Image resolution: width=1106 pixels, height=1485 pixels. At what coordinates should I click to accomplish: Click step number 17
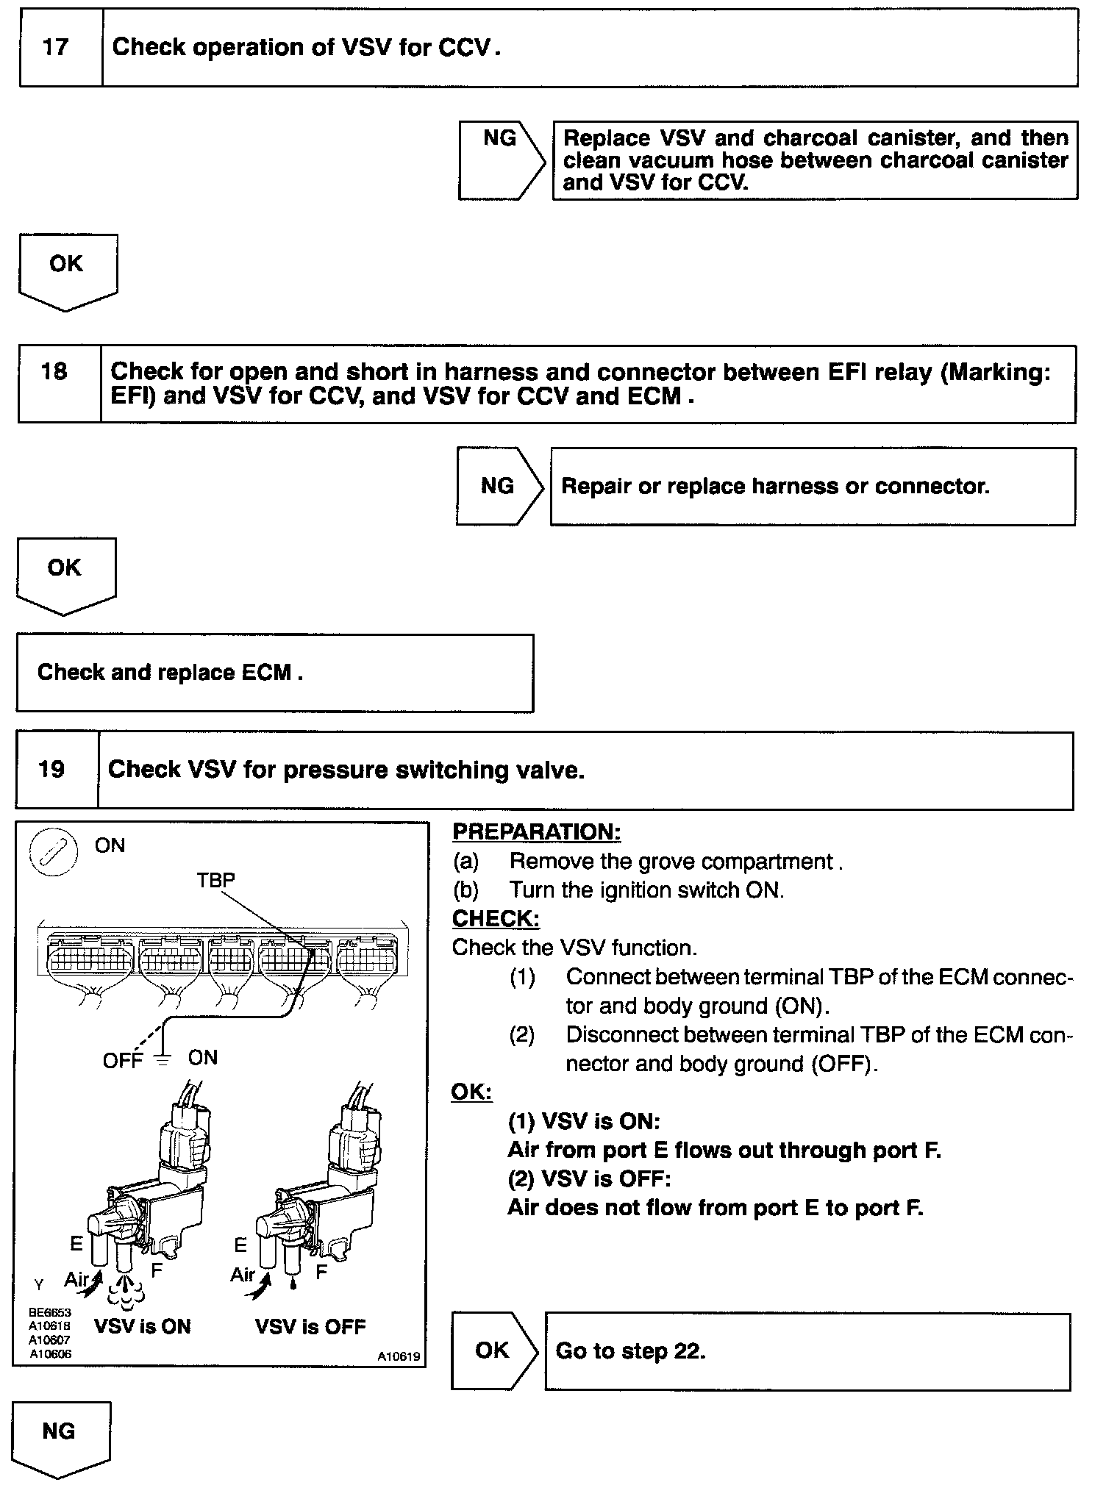coord(55,48)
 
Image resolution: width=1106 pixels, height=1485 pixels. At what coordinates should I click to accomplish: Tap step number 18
coord(54,372)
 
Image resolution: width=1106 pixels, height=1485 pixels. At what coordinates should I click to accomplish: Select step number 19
coord(51,770)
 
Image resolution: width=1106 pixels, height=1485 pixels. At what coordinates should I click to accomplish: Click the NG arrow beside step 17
coord(501,160)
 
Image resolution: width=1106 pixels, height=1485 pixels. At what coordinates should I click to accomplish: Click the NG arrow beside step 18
coord(498,486)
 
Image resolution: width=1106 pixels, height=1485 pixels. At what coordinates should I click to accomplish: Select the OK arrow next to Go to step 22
coord(493,1350)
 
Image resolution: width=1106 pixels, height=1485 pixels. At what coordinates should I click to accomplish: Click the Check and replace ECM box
coord(274,673)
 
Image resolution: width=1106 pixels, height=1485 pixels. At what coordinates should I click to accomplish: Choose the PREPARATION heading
coord(536,832)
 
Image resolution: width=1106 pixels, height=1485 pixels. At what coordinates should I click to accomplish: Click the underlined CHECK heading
coord(495,919)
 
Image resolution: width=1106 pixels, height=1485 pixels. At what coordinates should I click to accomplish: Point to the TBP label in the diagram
coord(215,880)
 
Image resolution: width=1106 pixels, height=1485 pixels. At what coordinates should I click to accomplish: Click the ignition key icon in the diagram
coord(53,855)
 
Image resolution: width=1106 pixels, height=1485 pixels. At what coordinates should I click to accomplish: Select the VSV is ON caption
coord(143,1326)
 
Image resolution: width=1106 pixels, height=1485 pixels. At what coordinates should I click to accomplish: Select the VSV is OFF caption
coord(310,1326)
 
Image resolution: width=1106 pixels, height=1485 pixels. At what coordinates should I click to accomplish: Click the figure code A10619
coord(399,1357)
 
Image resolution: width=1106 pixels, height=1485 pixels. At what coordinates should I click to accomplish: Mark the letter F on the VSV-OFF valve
coord(321,1271)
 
